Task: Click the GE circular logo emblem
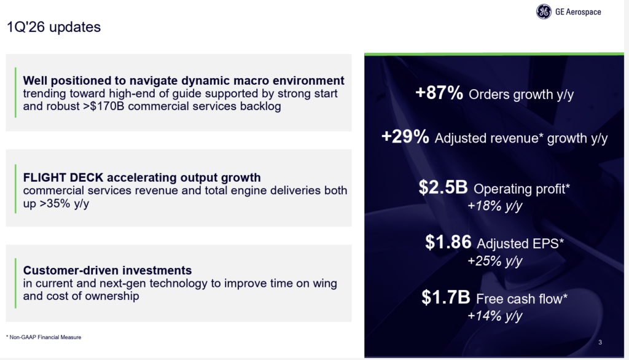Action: click(x=544, y=12)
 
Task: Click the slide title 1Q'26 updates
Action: click(x=53, y=27)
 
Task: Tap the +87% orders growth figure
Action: click(x=440, y=94)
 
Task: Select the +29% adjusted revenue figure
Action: click(x=405, y=137)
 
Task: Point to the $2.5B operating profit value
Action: click(x=443, y=188)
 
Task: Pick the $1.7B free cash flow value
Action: click(x=446, y=299)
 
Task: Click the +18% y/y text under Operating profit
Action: click(x=494, y=206)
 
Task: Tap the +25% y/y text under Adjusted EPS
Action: click(x=494, y=260)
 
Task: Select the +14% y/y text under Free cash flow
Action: click(x=494, y=316)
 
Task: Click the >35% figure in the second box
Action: click(x=52, y=203)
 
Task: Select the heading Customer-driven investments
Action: click(x=107, y=270)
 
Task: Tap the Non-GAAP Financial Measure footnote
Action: click(x=44, y=337)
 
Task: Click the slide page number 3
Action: click(x=599, y=342)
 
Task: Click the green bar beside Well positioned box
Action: click(x=16, y=93)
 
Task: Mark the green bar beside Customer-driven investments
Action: click(x=16, y=283)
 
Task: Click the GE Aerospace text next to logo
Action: click(x=578, y=12)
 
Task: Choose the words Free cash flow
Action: click(x=522, y=299)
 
